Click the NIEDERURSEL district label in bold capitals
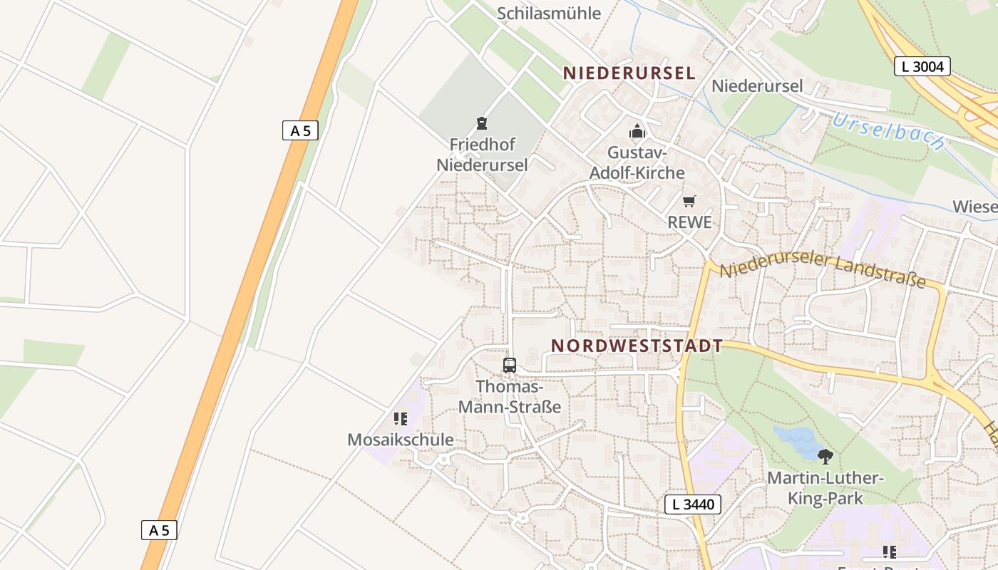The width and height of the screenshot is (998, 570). (629, 73)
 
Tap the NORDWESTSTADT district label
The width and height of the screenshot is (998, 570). (637, 346)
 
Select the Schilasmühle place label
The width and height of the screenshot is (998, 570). (549, 13)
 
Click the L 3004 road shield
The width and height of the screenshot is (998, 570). (922, 67)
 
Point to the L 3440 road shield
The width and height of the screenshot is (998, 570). (693, 504)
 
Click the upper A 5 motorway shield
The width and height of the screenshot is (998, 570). (300, 130)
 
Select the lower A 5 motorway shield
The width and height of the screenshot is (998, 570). (159, 530)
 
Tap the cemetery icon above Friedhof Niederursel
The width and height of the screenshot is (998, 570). (482, 123)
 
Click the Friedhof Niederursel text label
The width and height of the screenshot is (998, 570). (482, 155)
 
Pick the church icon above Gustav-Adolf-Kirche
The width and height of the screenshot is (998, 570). (637, 131)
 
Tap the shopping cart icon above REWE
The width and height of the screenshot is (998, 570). (689, 202)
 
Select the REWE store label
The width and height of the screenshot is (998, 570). (689, 222)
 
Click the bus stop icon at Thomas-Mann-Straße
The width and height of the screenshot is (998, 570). (509, 366)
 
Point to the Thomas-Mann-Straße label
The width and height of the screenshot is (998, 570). (509, 397)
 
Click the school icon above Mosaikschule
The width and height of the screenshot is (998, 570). (401, 419)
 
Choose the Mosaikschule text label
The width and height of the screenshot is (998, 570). (400, 440)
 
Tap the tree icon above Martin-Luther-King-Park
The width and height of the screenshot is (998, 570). (825, 456)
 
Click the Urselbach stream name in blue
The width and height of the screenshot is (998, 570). (888, 131)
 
